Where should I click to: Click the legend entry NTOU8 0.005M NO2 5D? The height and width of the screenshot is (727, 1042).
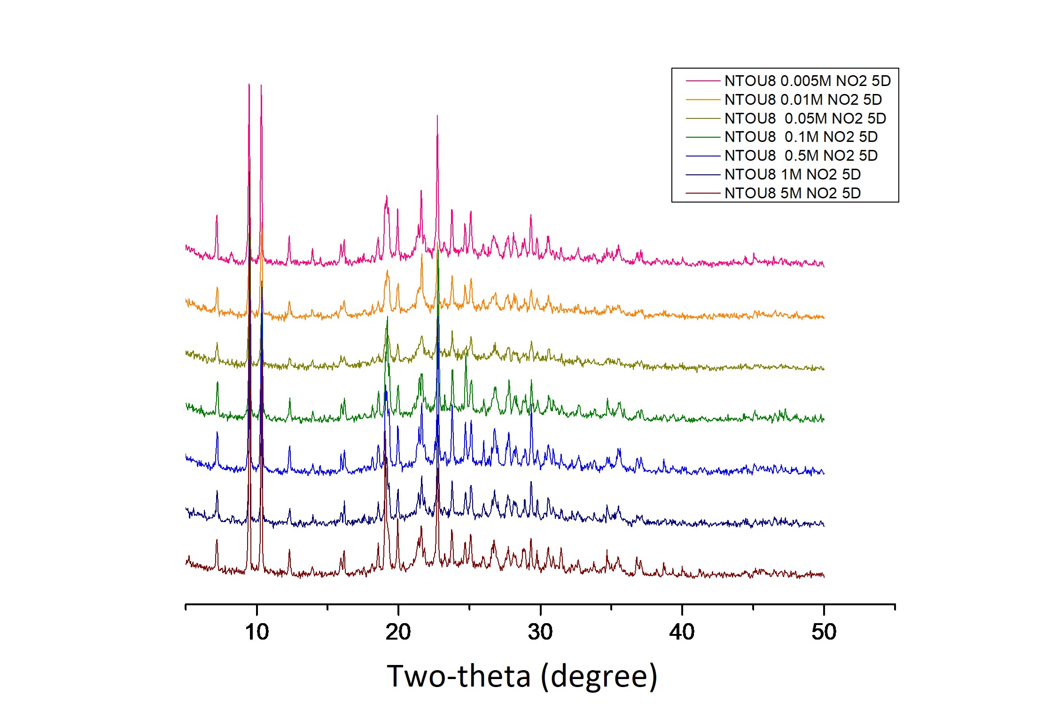[807, 81]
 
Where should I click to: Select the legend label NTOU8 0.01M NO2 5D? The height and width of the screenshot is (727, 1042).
[803, 100]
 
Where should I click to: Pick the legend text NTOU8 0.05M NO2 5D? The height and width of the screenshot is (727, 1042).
[805, 118]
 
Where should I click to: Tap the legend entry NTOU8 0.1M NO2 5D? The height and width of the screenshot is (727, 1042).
[801, 137]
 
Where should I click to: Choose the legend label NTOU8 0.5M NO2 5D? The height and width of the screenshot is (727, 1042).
[801, 156]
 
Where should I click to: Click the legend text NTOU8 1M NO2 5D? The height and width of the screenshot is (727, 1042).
[793, 174]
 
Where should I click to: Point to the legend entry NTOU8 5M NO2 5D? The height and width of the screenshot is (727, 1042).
[793, 193]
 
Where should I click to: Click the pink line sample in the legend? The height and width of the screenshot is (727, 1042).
[703, 81]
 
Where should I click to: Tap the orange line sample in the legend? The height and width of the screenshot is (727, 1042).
[703, 100]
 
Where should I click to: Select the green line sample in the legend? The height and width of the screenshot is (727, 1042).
[703, 137]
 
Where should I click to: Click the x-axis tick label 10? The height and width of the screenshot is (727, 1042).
[257, 632]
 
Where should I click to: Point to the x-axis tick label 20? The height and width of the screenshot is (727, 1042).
[398, 632]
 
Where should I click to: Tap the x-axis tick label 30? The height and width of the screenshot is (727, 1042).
[540, 632]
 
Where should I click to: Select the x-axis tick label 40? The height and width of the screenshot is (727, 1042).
[682, 632]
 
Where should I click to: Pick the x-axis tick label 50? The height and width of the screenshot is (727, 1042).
[824, 632]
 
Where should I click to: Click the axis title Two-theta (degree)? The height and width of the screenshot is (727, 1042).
[521, 676]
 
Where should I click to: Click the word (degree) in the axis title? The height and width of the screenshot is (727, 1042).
[599, 677]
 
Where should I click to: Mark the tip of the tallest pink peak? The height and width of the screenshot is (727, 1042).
[249, 84]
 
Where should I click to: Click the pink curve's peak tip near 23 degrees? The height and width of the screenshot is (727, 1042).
[437, 116]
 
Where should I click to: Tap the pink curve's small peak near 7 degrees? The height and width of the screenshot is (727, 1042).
[217, 216]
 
